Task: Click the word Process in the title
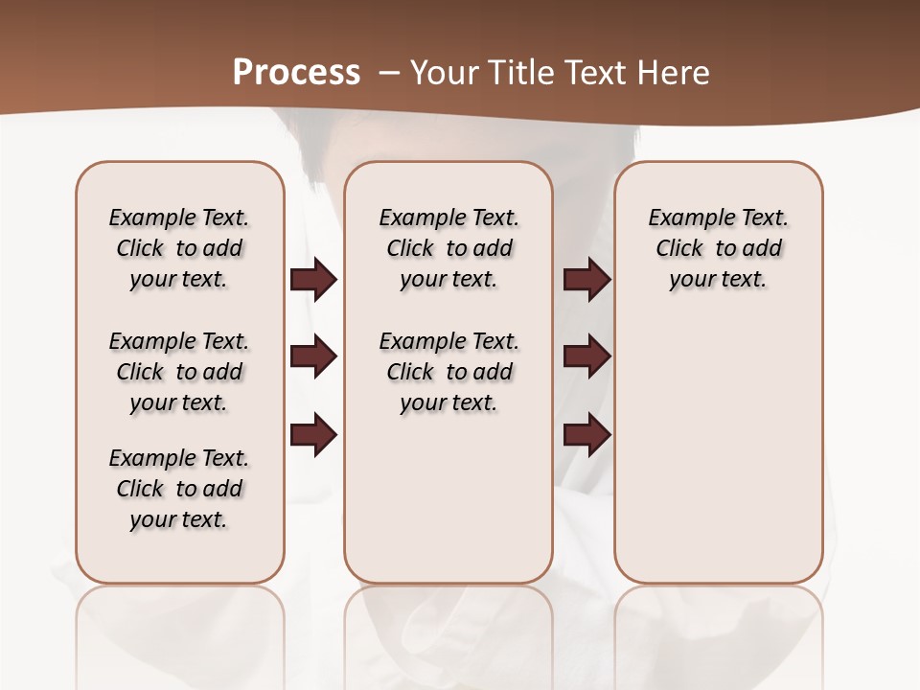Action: [x=296, y=72]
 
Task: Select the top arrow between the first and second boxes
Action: [x=313, y=279]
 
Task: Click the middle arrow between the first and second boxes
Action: [x=313, y=356]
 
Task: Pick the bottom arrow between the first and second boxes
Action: [x=313, y=434]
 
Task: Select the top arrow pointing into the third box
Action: [x=587, y=279]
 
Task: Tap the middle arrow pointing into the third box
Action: [x=587, y=356]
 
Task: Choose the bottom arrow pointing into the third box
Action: [x=587, y=434]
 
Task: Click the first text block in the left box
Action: [x=179, y=248]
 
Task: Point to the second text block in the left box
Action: [x=179, y=372]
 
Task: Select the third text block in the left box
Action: [x=179, y=489]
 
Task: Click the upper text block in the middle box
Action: [x=449, y=248]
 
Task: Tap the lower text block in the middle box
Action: [x=449, y=372]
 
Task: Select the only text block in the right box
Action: [x=719, y=248]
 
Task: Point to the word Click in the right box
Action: [x=679, y=248]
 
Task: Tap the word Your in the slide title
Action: [x=443, y=72]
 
